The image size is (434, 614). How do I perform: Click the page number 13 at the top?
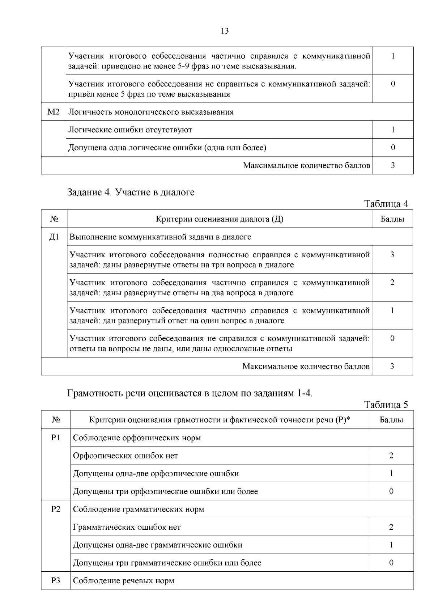(x=224, y=31)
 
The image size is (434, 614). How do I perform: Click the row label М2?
(x=54, y=112)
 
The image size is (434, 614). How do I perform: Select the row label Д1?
(x=54, y=237)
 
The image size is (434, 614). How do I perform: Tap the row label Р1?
(x=56, y=438)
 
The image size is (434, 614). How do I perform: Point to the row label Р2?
(x=56, y=509)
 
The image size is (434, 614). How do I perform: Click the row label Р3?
(x=56, y=581)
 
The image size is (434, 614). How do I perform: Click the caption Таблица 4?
(x=386, y=204)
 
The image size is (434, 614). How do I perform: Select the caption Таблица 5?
(x=386, y=405)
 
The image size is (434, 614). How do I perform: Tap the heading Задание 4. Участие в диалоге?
(x=131, y=192)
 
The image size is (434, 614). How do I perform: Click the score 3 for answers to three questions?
(x=392, y=255)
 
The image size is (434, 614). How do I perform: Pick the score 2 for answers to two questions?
(x=392, y=283)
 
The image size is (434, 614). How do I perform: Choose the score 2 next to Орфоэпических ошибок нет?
(x=391, y=456)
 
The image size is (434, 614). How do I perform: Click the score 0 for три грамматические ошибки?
(x=391, y=563)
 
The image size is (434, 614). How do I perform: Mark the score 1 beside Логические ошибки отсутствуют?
(x=393, y=130)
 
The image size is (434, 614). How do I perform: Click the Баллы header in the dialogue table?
(x=392, y=219)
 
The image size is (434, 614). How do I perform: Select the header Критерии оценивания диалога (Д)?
(x=220, y=219)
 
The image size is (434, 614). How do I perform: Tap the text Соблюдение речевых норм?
(x=123, y=581)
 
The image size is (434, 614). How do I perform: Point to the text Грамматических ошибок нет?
(x=127, y=527)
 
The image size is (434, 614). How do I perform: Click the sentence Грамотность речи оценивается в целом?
(x=190, y=393)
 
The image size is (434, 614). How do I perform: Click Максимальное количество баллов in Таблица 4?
(x=306, y=367)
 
